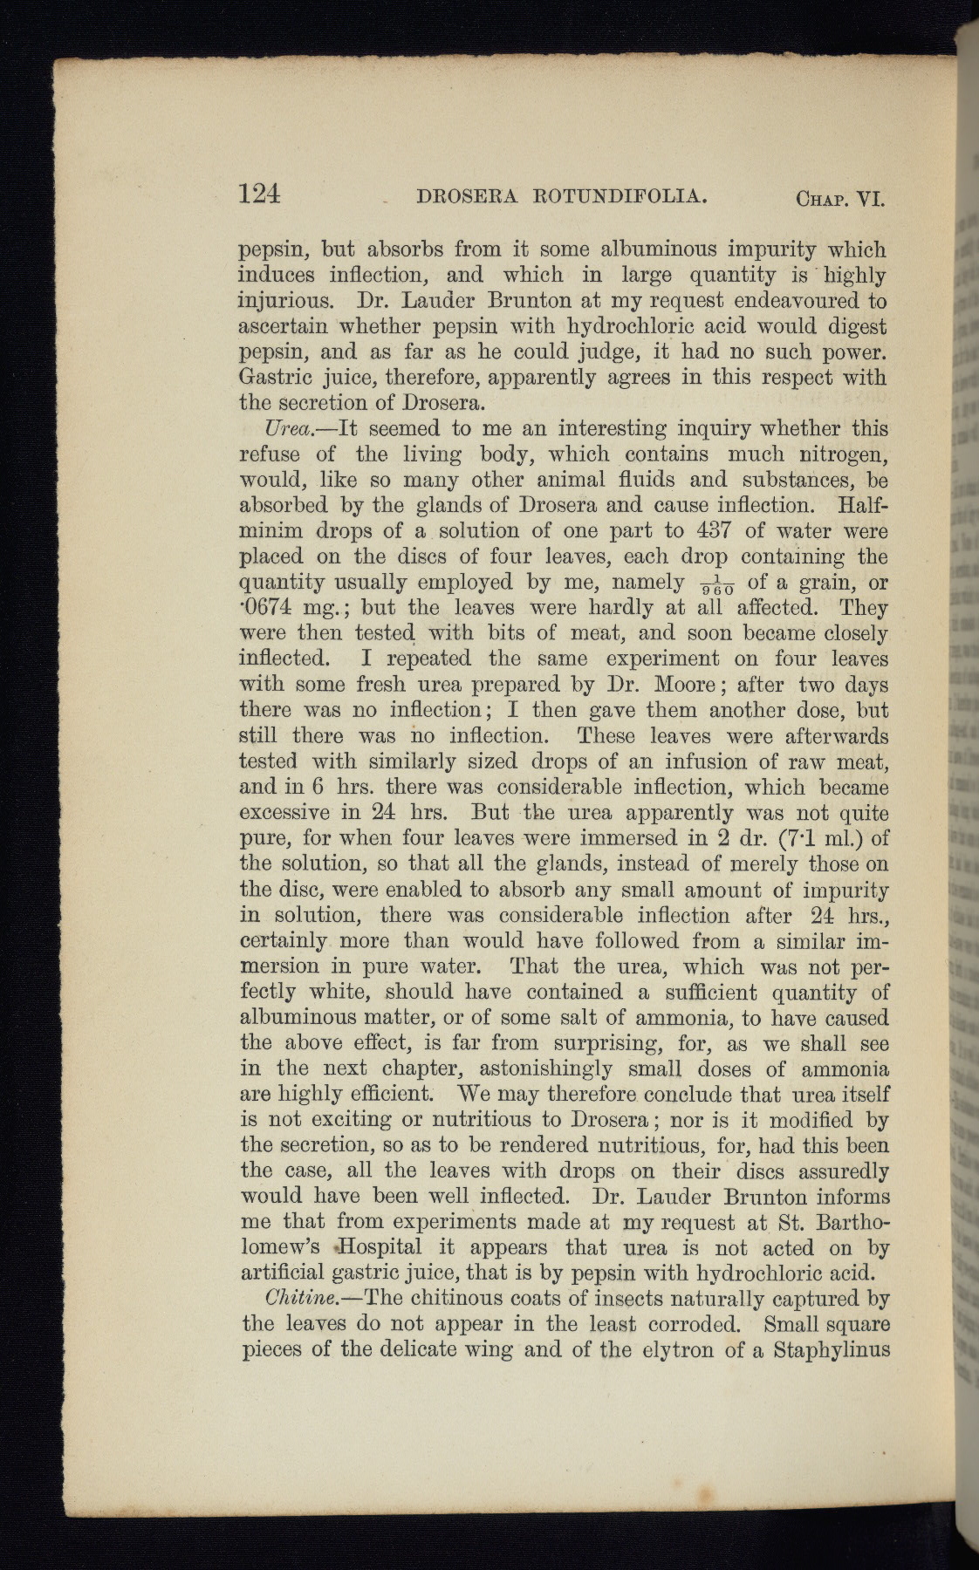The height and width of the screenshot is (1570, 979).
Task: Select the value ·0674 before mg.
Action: tap(269, 608)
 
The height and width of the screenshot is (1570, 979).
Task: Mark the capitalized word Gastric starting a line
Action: tap(278, 379)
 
